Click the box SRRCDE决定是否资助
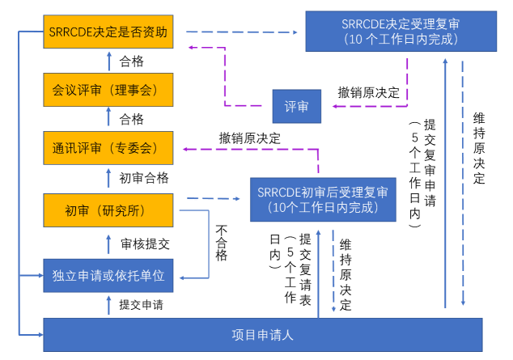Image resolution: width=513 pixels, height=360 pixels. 109,33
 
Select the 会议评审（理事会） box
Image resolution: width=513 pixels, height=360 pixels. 109,90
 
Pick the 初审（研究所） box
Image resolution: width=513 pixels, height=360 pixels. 109,211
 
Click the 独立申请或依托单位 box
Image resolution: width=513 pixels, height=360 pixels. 109,275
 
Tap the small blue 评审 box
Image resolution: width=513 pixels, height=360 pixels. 295,106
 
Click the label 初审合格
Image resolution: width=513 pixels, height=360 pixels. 144,178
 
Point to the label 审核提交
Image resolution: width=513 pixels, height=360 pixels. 145,243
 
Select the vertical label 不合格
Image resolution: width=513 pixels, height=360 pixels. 222,243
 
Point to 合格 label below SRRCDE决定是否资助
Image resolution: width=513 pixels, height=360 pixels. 132,61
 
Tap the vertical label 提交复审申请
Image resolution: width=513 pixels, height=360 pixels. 430,174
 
